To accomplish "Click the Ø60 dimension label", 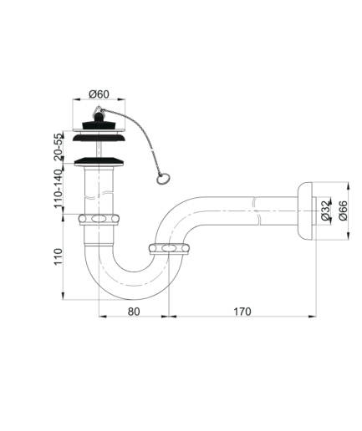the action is (x=99, y=94).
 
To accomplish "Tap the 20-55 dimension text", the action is (x=58, y=147).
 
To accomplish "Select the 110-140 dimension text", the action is (x=58, y=189).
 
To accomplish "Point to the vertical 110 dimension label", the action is (x=58, y=256).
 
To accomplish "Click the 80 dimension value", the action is (x=134, y=312).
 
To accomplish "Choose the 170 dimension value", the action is (x=242, y=312).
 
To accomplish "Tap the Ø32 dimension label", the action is (x=325, y=210).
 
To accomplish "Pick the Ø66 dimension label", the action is (x=343, y=210).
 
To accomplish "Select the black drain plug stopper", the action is (x=99, y=122).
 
